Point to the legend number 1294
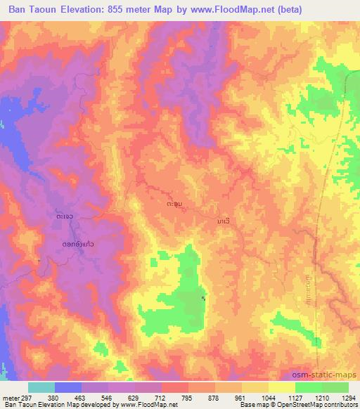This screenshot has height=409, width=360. point(349,398)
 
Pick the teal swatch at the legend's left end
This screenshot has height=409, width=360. point(41,387)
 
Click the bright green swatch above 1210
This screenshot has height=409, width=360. point(309,387)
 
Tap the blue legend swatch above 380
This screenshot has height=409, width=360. point(68,387)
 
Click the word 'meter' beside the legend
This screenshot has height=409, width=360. point(9,398)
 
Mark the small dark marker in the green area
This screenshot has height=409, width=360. point(205,299)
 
